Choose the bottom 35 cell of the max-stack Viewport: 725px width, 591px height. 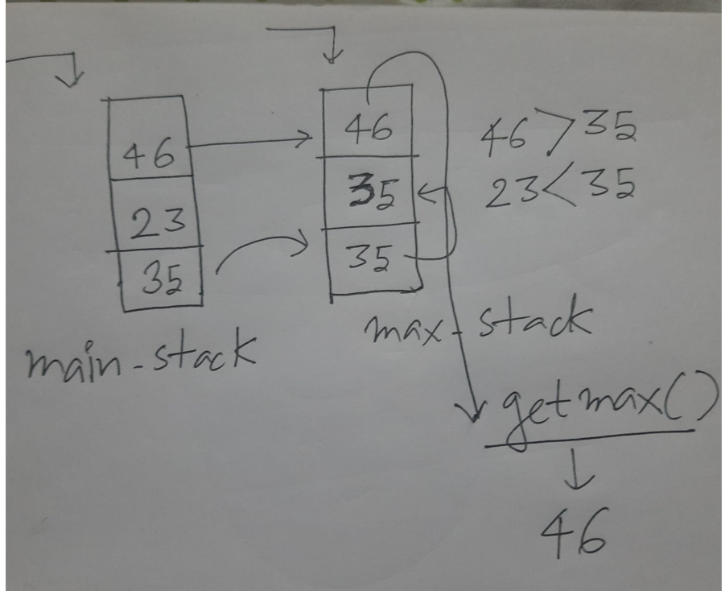pos(371,257)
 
